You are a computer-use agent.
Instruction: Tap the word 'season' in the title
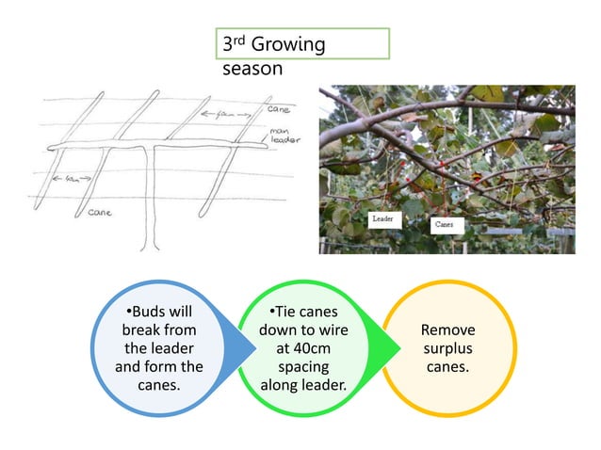point(252,69)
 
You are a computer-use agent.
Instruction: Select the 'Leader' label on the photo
point(383,217)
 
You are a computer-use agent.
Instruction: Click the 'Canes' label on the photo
point(446,226)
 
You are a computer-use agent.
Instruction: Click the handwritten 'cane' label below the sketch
point(101,212)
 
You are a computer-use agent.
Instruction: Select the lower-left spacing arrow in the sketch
point(65,178)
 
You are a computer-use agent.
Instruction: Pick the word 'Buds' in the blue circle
point(151,312)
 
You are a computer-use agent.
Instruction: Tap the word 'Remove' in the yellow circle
point(447,330)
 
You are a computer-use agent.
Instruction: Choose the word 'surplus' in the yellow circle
point(447,348)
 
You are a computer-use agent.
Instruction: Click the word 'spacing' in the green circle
point(303,366)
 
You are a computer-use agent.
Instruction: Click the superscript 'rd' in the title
point(240,40)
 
